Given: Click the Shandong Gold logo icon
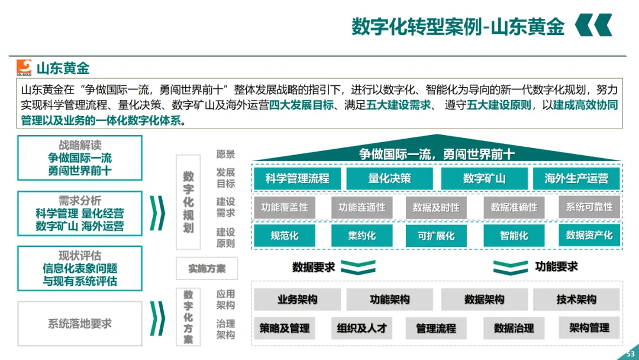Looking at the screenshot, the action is (24, 67).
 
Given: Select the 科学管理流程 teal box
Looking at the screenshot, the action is (297, 178).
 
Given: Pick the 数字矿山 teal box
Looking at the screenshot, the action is (484, 178).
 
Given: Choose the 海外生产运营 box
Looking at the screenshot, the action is (576, 178).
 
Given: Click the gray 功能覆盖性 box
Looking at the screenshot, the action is (285, 208).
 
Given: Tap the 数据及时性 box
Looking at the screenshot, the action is (436, 208).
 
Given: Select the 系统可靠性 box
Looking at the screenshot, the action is (589, 207).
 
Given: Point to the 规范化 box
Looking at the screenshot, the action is (285, 236).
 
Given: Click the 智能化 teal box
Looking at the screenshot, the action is (514, 236).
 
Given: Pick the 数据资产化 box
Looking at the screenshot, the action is (589, 235).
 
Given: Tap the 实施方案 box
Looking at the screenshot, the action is (206, 269).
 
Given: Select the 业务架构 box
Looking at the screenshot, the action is (297, 300).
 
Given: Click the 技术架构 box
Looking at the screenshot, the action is (576, 300).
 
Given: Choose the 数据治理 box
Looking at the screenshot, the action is (514, 328).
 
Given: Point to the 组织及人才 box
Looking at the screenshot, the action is (362, 328).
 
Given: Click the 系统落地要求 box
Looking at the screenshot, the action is (80, 324).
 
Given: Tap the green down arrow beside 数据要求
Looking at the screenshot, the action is (358, 268).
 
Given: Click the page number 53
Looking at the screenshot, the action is (630, 353).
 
